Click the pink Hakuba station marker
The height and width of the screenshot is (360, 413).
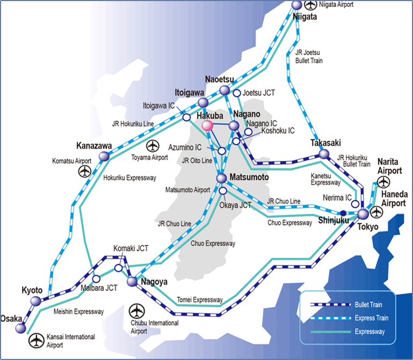point(207,125)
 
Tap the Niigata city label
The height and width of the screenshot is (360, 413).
point(305,17)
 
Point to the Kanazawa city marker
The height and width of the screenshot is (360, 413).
point(104,156)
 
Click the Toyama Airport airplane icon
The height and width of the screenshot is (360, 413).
point(153,146)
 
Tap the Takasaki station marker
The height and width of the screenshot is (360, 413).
point(324,154)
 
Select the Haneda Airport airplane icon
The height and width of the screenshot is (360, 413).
point(378,213)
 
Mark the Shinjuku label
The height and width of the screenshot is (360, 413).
point(333,220)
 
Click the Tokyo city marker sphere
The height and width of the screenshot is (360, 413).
point(363,214)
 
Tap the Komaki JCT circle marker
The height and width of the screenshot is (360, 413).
point(119,268)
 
